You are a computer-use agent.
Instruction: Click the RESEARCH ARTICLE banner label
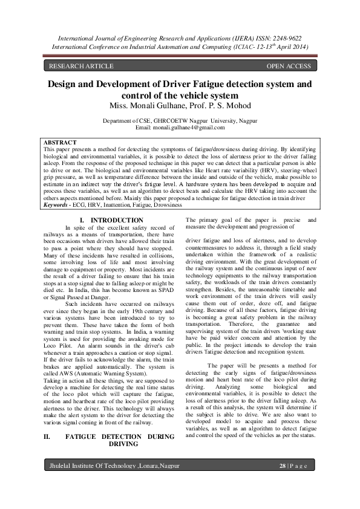[81, 66]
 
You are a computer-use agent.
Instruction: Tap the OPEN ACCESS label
[289, 66]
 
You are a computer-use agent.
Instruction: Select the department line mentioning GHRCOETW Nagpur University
[180, 122]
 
